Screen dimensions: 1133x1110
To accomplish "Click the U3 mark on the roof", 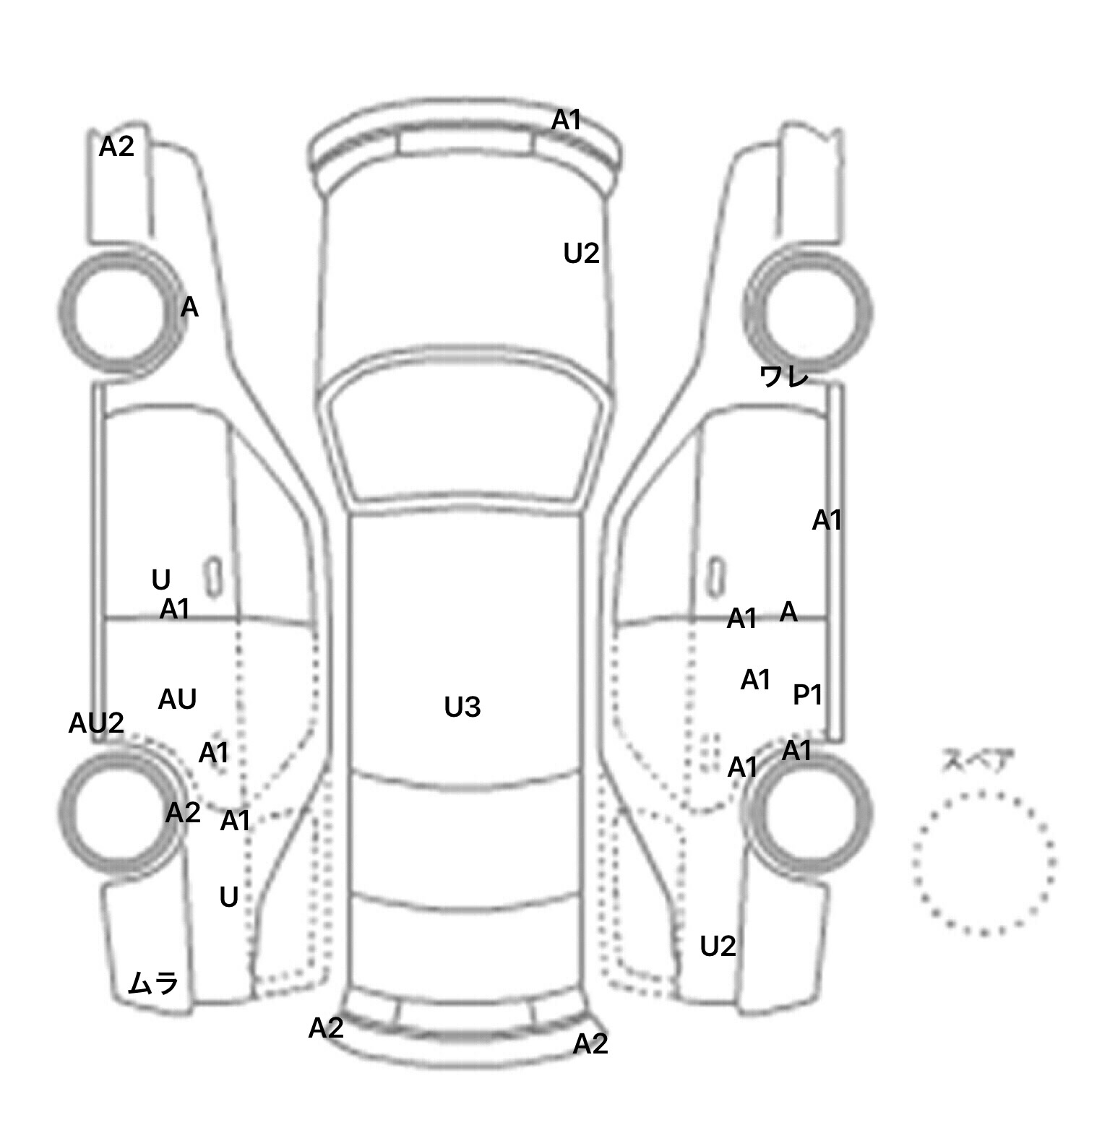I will tap(462, 707).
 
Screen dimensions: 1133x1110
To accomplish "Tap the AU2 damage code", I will tap(96, 723).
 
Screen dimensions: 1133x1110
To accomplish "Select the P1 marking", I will tap(808, 695).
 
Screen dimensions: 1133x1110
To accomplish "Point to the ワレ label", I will tap(783, 376).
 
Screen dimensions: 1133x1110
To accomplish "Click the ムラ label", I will tap(152, 983).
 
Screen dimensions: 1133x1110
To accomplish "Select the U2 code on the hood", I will tap(581, 254).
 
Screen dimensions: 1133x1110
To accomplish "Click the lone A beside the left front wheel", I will tap(189, 309).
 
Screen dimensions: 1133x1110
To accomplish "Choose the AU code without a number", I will tap(177, 699).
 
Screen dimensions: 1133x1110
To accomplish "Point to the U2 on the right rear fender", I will tap(718, 946).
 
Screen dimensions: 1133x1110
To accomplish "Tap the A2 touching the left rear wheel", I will tap(182, 813).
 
